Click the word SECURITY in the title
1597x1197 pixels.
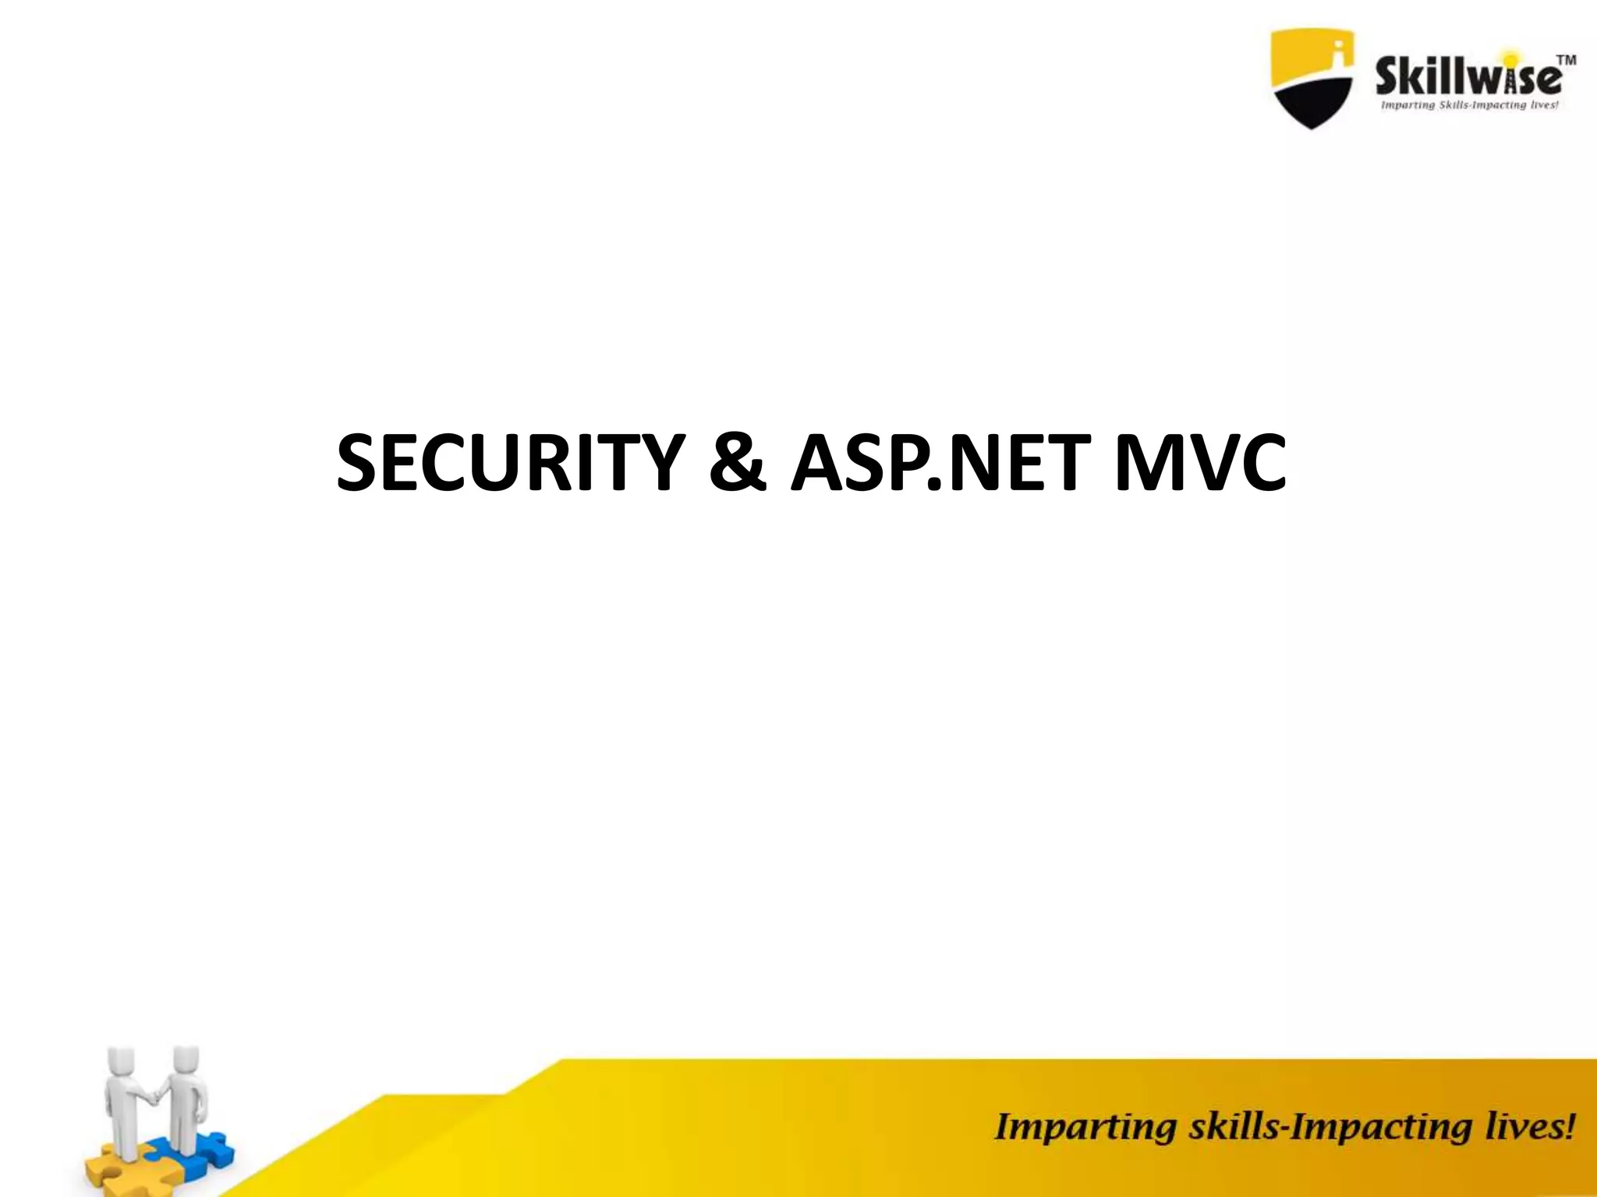[511, 464]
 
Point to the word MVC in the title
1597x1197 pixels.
[1200, 464]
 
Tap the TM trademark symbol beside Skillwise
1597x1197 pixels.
[1566, 60]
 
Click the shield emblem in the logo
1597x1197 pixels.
[1312, 78]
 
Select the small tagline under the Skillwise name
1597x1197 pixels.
[1469, 105]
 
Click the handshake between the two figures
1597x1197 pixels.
[157, 1096]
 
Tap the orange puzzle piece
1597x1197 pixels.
[109, 1169]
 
